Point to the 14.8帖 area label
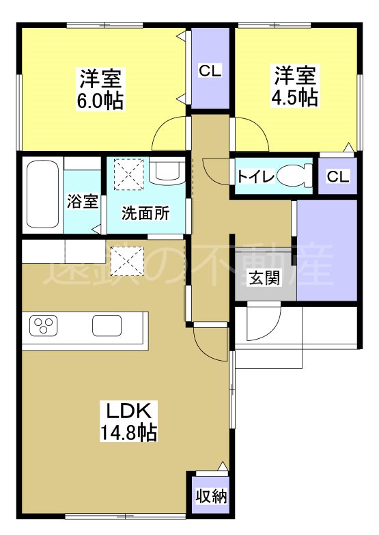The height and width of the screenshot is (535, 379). [x=131, y=432]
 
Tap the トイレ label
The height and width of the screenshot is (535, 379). [x=256, y=176]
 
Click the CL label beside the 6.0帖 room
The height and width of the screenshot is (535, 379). [x=210, y=70]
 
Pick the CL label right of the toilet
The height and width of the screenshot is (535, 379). [x=337, y=176]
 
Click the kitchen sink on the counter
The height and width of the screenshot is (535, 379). [x=107, y=327]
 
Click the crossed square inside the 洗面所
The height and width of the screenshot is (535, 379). [x=127, y=174]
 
